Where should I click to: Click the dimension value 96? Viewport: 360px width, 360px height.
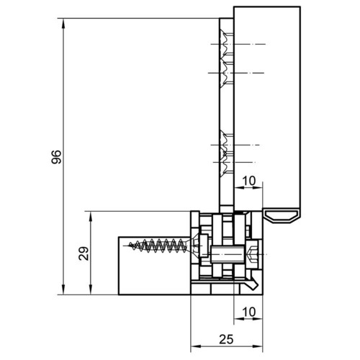click(56, 157)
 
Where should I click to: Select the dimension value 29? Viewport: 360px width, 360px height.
click(84, 253)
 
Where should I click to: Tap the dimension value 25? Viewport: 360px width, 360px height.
click(226, 339)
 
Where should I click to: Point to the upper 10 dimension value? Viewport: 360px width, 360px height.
click(249, 181)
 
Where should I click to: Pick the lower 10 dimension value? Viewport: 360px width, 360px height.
click(249, 312)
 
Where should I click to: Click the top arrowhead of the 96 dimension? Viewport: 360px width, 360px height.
click(63, 24)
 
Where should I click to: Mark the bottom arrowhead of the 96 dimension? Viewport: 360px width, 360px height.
click(63, 289)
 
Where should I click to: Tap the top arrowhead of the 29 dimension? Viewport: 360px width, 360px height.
click(91, 217)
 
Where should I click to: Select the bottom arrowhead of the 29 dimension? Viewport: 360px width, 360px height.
click(91, 289)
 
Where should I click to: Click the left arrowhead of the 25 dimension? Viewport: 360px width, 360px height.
click(196, 346)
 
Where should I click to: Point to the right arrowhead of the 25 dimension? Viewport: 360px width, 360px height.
click(258, 346)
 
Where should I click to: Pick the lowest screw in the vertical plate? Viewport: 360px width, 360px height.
click(226, 163)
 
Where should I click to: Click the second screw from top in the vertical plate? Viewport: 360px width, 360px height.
click(226, 73)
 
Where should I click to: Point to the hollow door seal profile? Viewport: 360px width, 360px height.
click(282, 215)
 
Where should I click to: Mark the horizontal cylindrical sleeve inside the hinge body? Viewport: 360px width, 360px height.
click(228, 254)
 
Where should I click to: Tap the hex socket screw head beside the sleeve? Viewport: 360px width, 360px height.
click(251, 254)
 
